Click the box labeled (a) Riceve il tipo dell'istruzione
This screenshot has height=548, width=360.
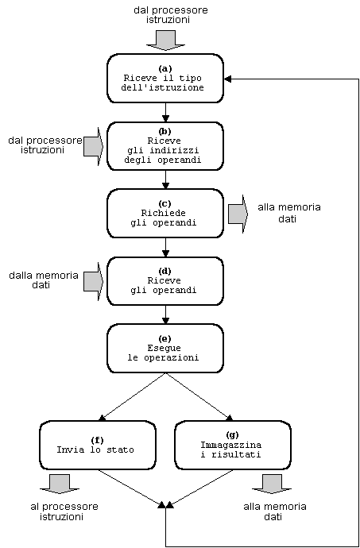165,79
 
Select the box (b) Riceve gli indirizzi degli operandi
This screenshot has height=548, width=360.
165,146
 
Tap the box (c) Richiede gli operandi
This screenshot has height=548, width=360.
165,214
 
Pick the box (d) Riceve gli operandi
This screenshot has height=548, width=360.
165,281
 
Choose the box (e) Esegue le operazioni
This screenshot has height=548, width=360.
165,349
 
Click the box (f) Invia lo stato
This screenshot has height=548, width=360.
98,445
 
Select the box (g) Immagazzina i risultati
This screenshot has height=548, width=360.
233,445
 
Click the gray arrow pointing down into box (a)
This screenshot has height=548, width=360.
165,41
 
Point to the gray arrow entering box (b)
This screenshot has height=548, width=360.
94,146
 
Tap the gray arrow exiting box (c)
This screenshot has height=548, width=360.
238,214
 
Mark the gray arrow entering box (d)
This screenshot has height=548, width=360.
94,281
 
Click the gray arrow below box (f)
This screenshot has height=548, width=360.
60,484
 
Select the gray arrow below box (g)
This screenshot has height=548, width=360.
272,484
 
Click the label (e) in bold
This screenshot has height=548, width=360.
165,338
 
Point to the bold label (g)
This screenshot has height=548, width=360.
232,435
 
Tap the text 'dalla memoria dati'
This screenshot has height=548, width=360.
44,280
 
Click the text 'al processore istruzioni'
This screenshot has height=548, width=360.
64,511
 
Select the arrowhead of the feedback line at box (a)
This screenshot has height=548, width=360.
227,79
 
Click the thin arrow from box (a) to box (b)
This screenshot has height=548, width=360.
165,112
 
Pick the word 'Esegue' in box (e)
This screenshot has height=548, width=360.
165,349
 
